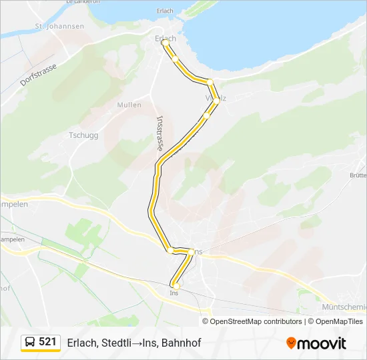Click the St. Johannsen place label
point(60,27)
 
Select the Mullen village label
point(129,105)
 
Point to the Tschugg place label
point(83,135)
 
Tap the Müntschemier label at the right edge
point(344,307)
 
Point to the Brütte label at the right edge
point(358,175)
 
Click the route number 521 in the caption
point(48,342)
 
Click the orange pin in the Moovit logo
point(291,343)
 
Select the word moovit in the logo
point(322,343)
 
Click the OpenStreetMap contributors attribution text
point(256,321)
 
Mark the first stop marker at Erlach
point(164,43)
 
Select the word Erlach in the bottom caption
point(81,343)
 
